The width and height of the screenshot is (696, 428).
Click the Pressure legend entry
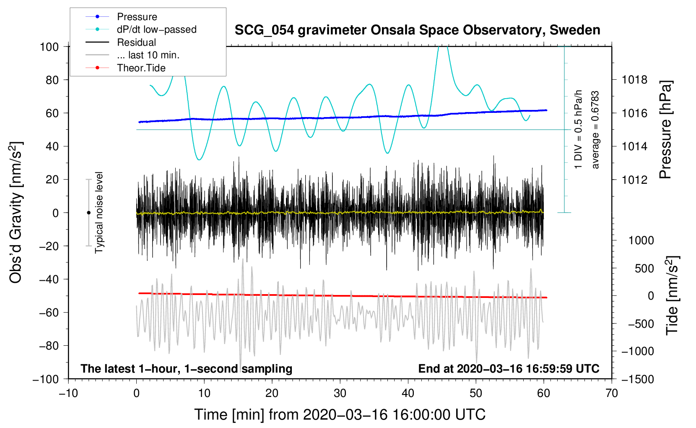137,17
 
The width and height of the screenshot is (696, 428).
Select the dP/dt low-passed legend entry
156,29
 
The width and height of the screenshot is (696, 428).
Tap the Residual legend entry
136,42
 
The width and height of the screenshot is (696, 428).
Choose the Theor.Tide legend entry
141,68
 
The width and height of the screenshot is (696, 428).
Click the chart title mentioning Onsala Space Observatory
417,30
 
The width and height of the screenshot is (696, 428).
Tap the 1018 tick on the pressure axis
634,80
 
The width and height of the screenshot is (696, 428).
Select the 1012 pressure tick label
634,180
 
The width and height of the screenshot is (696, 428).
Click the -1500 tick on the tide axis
638,379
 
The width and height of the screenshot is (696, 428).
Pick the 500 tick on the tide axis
644,269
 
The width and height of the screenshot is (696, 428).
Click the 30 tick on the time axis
340,393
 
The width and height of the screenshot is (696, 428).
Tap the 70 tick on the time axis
612,393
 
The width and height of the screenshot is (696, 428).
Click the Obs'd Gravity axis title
16,212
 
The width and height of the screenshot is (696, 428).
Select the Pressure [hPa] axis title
666,130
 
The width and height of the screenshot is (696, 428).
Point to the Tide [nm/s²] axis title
672,296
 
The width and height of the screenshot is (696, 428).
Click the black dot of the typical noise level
88,213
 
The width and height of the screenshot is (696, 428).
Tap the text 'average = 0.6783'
595,130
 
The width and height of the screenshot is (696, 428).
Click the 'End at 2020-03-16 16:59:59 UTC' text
509,368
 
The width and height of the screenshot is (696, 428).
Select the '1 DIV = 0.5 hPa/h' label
579,129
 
